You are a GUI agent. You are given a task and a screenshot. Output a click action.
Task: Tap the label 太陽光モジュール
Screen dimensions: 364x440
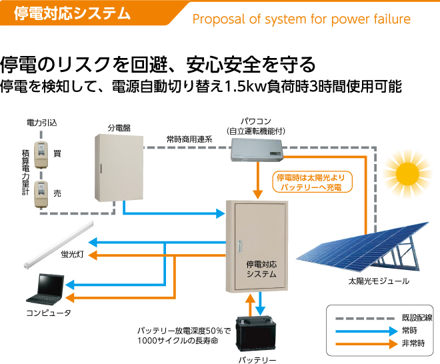click(378, 282)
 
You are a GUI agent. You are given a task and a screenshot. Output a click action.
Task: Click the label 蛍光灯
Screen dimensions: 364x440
click(71, 255)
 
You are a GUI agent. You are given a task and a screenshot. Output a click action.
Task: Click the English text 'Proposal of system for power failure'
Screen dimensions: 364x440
click(301, 19)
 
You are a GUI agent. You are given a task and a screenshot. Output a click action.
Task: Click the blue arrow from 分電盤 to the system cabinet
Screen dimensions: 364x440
click(173, 214)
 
